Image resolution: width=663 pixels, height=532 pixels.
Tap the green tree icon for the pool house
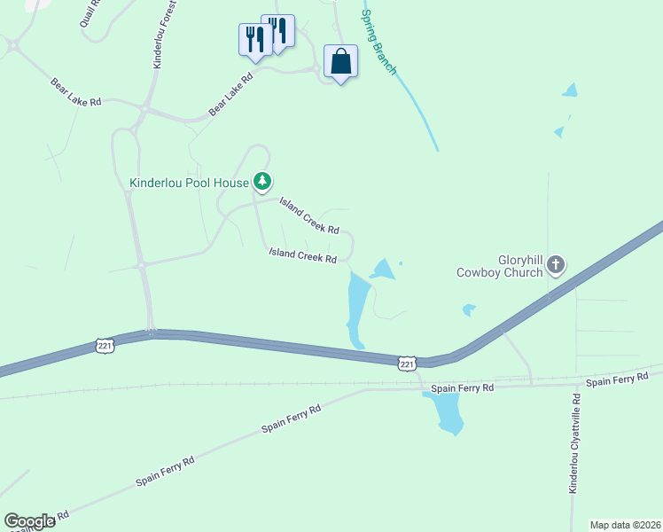point(262,183)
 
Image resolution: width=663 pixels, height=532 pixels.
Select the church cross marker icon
point(556,264)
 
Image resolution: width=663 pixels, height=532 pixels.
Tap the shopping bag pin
point(341,62)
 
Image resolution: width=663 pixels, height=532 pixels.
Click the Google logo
point(29,521)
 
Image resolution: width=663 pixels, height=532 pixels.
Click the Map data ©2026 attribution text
point(625,525)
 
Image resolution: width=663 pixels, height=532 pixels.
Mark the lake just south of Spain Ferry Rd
point(446,413)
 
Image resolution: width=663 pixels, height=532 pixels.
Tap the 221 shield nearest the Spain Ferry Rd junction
point(407,364)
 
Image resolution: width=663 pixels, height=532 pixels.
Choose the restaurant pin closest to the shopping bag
point(277,32)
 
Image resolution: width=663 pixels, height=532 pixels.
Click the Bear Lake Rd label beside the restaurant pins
point(230,94)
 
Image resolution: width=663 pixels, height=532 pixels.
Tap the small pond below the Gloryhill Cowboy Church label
point(469,309)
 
